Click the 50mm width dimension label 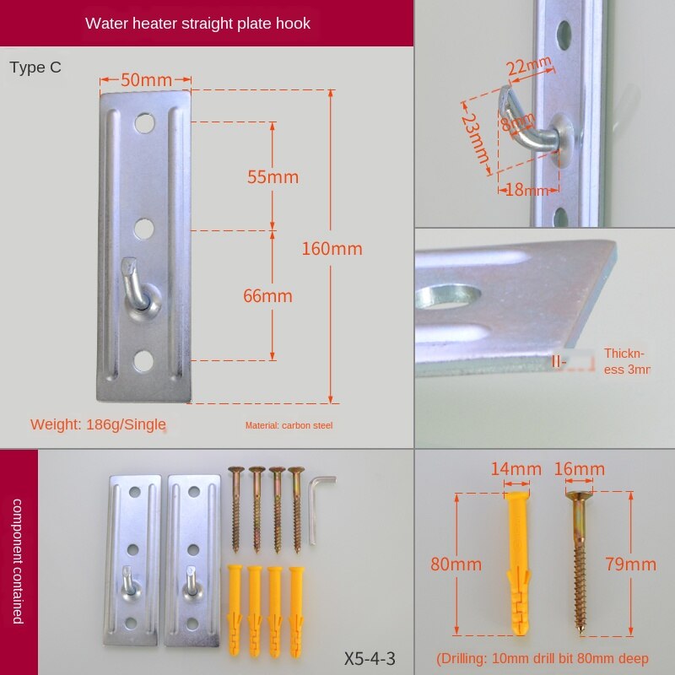point(146,80)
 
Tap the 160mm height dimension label point(332,249)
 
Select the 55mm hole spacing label point(273,177)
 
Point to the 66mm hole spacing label point(267,296)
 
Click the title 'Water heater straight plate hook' point(197,24)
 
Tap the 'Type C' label point(35,67)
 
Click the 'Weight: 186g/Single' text point(98,424)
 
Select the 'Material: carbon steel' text point(289,425)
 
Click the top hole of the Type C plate point(144,124)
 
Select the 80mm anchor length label point(456,564)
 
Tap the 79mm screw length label point(630,564)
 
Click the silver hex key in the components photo point(317,506)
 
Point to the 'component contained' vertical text point(18,561)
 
